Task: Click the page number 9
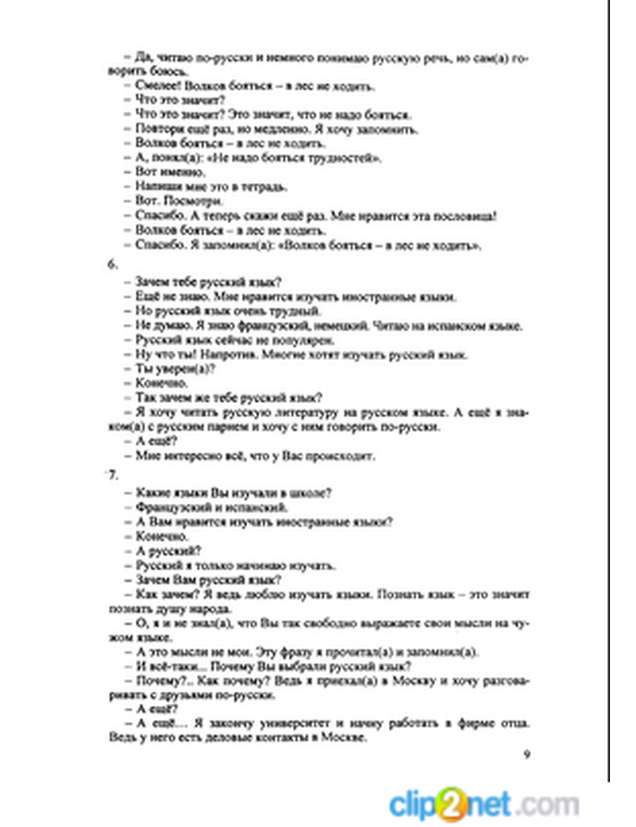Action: [x=527, y=754]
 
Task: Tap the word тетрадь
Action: [x=265, y=187]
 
